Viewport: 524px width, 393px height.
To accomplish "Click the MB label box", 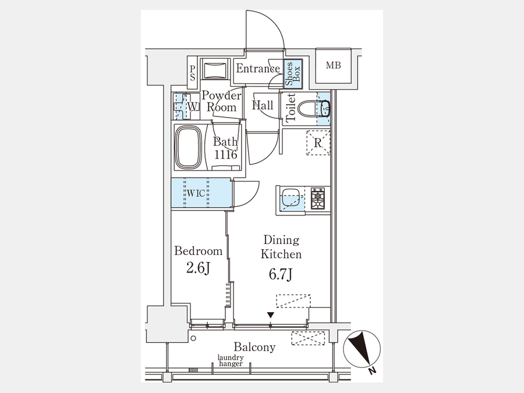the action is (x=333, y=65).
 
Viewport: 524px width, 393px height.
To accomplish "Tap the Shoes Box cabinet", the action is (x=293, y=73).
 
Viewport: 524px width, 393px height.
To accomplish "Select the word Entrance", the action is (x=258, y=69).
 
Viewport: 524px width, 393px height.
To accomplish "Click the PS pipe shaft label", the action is (x=193, y=73).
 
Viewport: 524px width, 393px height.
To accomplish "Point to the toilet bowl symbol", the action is (x=313, y=109).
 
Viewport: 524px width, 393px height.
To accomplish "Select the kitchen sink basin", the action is (x=290, y=199).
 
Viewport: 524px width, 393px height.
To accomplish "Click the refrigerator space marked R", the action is (x=318, y=143).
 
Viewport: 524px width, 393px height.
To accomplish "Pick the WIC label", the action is (x=196, y=193).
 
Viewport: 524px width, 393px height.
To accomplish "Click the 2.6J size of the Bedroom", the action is (x=198, y=268).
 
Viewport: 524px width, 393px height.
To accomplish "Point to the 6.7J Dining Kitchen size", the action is (x=281, y=274).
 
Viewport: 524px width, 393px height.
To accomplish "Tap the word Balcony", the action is (x=254, y=347).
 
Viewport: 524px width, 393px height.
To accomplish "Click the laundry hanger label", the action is (x=231, y=360).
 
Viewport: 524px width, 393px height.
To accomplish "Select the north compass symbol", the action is (x=362, y=349).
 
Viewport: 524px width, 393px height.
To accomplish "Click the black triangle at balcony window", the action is (x=271, y=315).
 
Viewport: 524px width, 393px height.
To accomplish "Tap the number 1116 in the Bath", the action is (x=226, y=154).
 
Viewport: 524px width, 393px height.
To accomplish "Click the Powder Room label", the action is (x=221, y=101).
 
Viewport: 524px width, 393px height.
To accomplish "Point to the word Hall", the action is (x=263, y=105).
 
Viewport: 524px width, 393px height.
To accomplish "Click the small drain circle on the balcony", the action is (x=193, y=338).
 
